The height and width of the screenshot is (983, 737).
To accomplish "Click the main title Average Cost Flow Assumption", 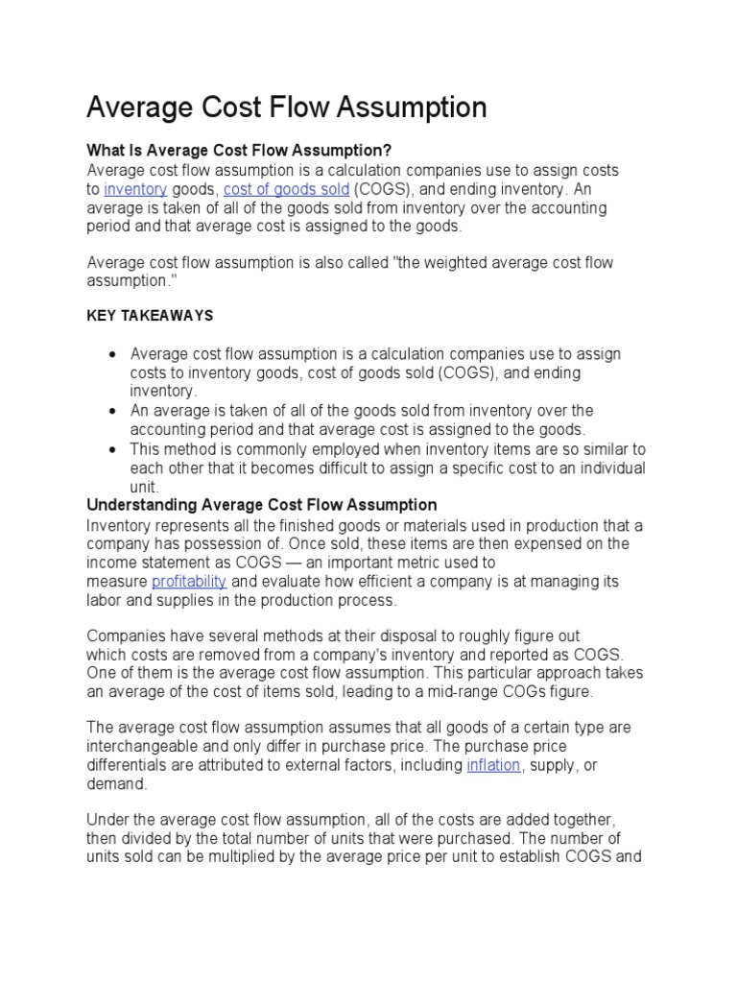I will tap(286, 108).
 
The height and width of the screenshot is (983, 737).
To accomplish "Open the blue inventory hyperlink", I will tap(135, 189).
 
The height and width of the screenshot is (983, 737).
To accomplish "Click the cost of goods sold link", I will tap(286, 189).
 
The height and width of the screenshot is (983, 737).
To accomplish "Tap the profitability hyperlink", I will tap(189, 582).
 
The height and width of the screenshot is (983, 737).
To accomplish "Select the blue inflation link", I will tap(493, 765).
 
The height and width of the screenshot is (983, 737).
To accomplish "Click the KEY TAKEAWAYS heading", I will tap(150, 316).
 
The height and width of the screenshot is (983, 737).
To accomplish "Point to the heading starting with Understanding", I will tap(261, 505).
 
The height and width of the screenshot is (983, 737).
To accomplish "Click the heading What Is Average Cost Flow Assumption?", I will tap(240, 151).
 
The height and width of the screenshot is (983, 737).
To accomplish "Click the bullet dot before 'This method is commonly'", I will tap(112, 449).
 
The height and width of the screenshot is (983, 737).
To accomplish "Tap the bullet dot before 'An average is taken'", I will tap(112, 411).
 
